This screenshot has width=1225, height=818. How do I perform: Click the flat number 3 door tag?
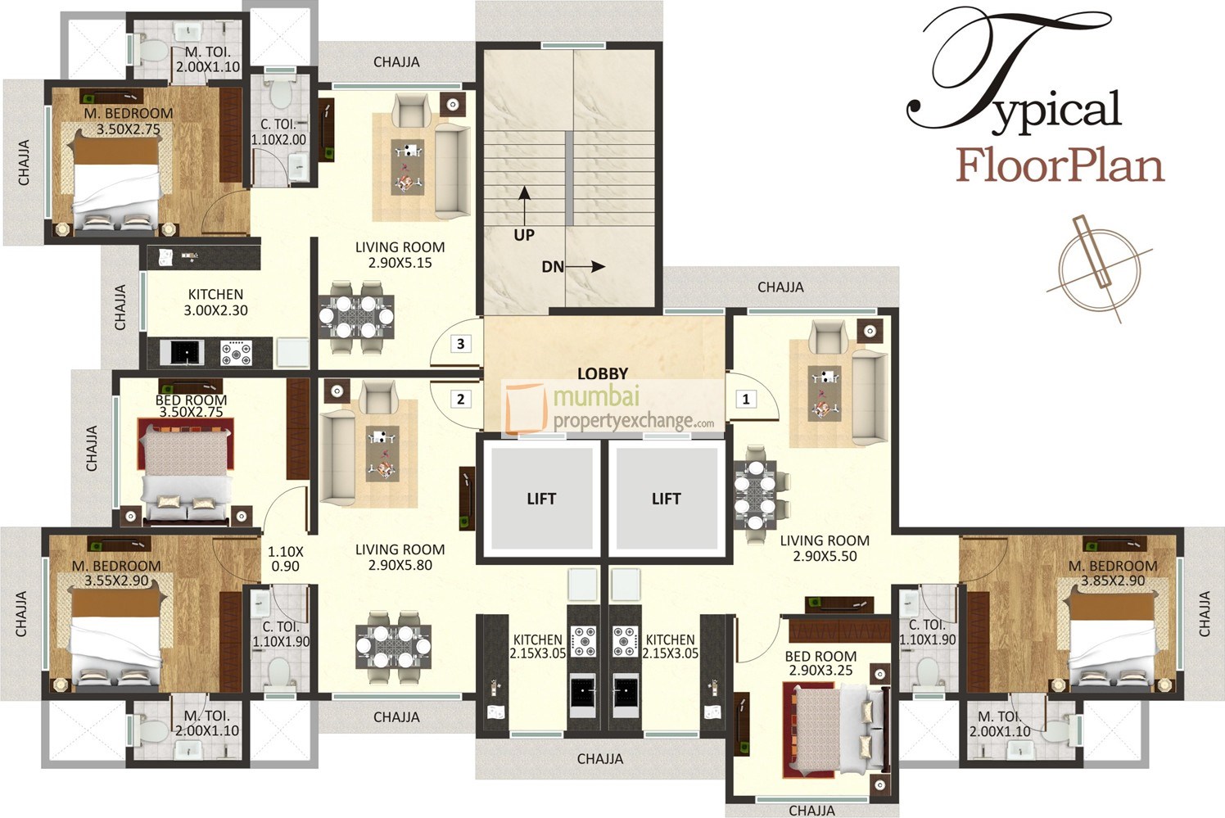pos(461,344)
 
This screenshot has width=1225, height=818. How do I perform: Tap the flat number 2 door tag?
pos(461,400)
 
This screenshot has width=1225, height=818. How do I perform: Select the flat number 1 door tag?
pos(746,400)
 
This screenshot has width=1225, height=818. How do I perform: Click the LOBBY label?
pos(603,373)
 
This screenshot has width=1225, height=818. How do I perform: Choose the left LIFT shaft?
pos(541,499)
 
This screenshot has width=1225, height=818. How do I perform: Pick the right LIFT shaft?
pos(666,499)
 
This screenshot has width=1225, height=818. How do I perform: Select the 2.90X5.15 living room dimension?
pos(400,263)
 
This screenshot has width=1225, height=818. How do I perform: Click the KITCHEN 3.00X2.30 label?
pos(215,302)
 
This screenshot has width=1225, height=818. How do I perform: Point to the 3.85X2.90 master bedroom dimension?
pos(1113,581)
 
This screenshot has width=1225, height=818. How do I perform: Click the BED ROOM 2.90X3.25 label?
pos(820,663)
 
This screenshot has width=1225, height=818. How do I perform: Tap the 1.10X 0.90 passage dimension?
pos(285,558)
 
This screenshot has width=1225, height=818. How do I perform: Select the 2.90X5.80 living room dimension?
pos(400,565)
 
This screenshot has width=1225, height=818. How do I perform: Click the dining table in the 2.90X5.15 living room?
pos(356,310)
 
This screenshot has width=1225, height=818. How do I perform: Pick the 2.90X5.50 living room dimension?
pos(825,556)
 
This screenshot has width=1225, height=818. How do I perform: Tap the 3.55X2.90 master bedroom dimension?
pos(116,581)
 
